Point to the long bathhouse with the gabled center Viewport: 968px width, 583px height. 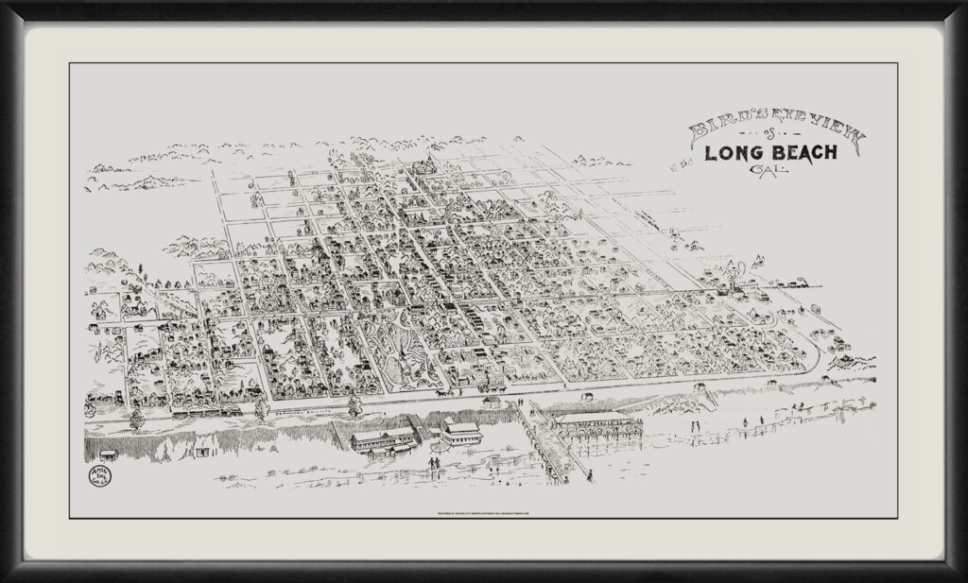382,438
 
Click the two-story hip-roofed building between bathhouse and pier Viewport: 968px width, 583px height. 459,434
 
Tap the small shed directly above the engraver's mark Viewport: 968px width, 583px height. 109,455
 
